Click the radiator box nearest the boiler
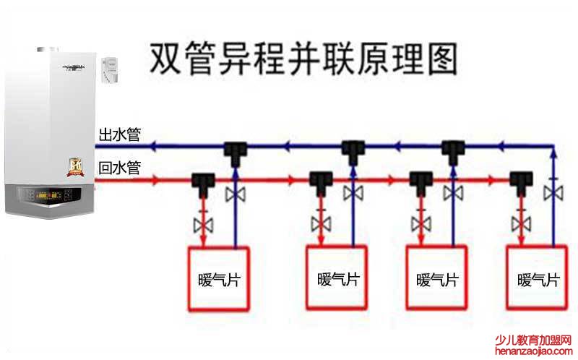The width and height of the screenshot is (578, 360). click(x=218, y=278)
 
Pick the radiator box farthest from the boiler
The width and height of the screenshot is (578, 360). click(x=537, y=278)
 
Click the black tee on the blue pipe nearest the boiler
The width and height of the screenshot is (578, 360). click(x=236, y=150)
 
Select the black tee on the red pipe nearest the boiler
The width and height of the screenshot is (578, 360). click(x=204, y=181)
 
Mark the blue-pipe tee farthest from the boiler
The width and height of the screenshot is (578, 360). click(x=454, y=150)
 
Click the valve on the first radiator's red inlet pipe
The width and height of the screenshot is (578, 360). click(x=204, y=224)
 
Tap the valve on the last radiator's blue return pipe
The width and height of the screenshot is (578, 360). click(x=554, y=193)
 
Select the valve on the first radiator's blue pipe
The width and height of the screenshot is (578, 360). click(x=236, y=194)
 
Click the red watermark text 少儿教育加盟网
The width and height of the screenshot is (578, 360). click(x=533, y=340)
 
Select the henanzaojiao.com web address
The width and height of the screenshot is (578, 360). click(x=533, y=351)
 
